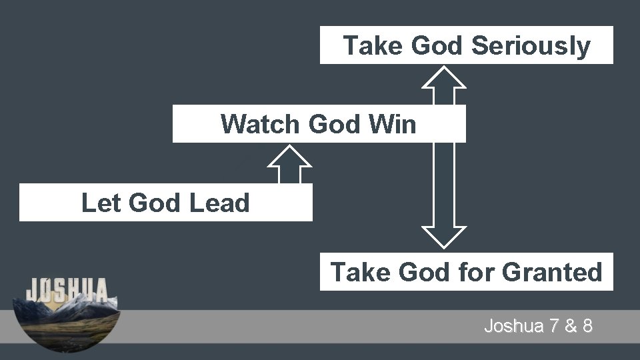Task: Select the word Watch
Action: coord(261,124)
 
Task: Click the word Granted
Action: coord(551,272)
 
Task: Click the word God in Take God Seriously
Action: coord(438,46)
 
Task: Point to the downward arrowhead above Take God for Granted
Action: coord(445,237)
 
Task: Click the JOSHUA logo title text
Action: coord(67,290)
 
